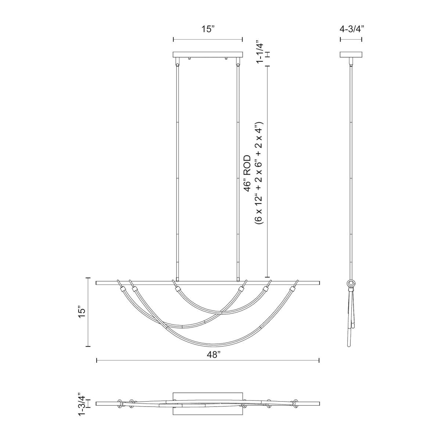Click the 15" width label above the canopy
tap(208, 29)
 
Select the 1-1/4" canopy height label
tap(260, 52)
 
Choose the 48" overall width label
tap(213, 355)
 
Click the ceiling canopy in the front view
tap(208, 55)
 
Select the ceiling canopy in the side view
tap(351, 55)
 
